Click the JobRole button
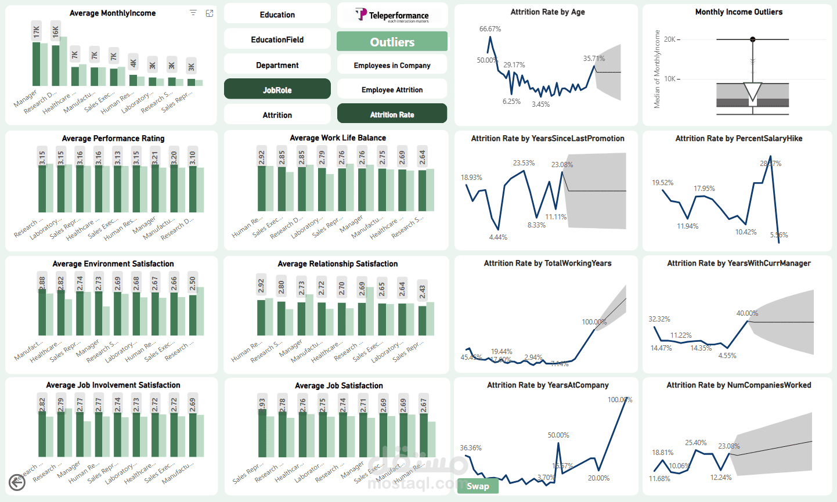click(x=277, y=89)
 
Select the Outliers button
click(x=392, y=42)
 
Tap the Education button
click(x=277, y=15)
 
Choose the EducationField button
click(x=277, y=39)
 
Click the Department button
click(x=277, y=65)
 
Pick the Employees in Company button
click(x=392, y=65)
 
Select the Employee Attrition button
click(x=392, y=89)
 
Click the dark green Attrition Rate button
click(x=392, y=114)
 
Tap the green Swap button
click(x=477, y=486)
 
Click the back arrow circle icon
click(x=17, y=482)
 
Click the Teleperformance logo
click(x=392, y=15)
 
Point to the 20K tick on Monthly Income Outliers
click(x=670, y=39)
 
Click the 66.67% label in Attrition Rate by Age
click(x=490, y=29)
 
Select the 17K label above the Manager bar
click(x=37, y=32)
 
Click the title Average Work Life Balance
click(x=337, y=138)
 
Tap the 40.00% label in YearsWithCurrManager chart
click(x=747, y=313)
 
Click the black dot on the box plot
click(x=753, y=39)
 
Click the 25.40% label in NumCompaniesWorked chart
click(x=695, y=443)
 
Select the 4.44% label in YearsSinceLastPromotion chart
click(x=498, y=237)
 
